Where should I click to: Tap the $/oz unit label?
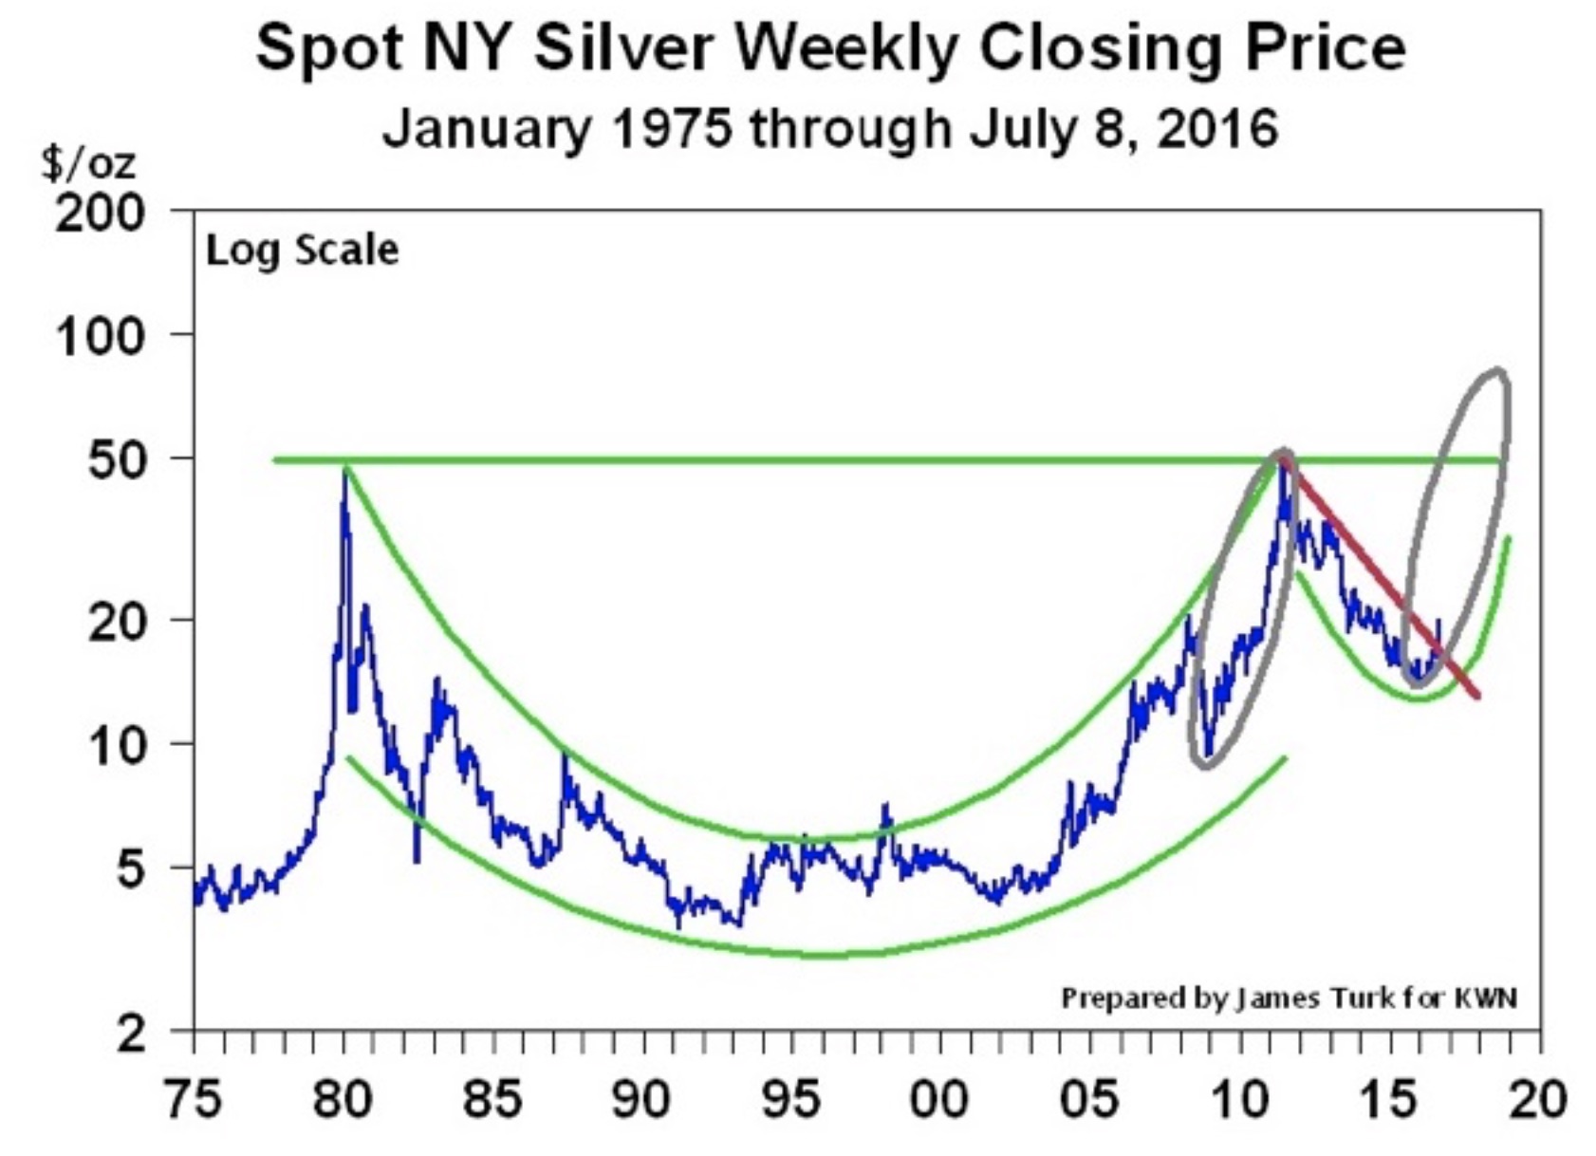[88, 163]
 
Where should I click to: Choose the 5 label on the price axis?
[131, 869]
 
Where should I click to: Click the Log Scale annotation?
[302, 251]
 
